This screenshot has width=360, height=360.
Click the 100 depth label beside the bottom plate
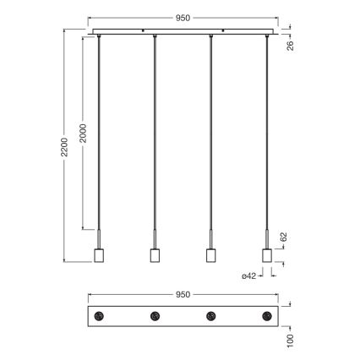289,339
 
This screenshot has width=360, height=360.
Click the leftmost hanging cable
99,135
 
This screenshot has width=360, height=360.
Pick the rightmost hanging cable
267,135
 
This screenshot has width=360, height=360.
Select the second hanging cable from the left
155,135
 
